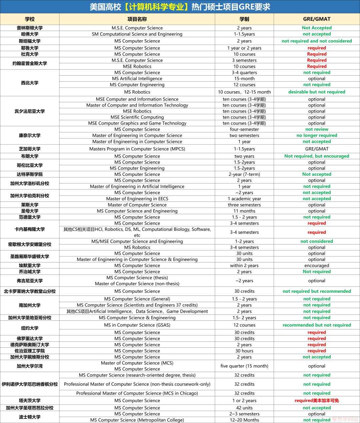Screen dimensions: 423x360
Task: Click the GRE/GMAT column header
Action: (x=317, y=19)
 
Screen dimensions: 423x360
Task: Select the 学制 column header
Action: (x=244, y=19)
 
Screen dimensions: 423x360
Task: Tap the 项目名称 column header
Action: (x=137, y=19)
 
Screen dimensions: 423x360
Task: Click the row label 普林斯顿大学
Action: (x=30, y=28)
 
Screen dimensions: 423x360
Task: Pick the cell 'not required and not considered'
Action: (x=317, y=41)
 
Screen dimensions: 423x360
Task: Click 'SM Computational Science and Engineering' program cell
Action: (x=137, y=34)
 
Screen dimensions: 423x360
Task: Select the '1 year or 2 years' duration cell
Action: (x=244, y=48)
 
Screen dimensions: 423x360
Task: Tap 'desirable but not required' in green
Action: (x=317, y=92)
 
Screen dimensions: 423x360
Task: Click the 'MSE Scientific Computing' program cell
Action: (x=137, y=117)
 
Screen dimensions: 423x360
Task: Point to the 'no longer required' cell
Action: (x=317, y=136)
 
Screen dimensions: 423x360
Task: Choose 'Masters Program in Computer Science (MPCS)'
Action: (x=137, y=149)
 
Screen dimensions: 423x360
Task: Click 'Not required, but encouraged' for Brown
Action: (x=317, y=156)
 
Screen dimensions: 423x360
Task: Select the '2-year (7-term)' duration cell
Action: (x=244, y=174)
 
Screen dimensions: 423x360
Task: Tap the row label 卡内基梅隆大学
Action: (x=30, y=229)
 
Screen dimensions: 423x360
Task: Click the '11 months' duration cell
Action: (x=244, y=211)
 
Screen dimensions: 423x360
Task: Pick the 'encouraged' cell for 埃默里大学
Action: (x=317, y=265)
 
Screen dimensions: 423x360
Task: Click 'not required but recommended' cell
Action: (x=317, y=291)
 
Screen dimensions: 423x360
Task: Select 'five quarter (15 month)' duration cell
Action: (x=244, y=366)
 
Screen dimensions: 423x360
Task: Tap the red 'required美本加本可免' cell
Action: (x=317, y=401)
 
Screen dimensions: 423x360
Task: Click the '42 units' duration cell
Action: (x=244, y=408)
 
